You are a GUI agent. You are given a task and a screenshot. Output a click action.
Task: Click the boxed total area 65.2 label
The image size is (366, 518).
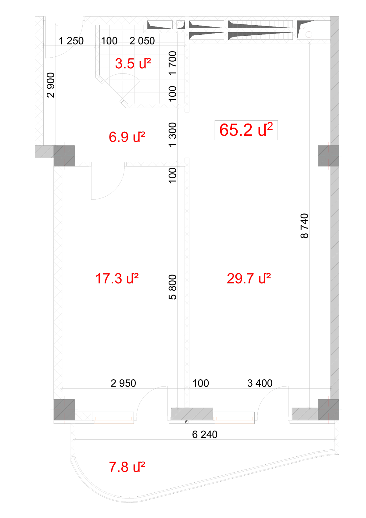[x=246, y=130]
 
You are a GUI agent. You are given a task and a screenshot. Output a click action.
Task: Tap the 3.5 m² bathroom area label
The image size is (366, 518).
[x=133, y=64]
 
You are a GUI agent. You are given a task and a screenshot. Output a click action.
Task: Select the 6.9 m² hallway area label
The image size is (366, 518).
[x=127, y=137]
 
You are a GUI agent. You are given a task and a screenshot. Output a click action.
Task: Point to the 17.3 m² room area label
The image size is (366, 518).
[x=117, y=278]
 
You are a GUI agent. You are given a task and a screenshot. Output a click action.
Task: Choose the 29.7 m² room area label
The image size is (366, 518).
[x=249, y=278]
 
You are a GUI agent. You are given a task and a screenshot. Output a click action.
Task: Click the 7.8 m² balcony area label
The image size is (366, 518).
[x=127, y=467]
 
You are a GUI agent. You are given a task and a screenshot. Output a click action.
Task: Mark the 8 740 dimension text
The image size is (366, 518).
[x=304, y=226]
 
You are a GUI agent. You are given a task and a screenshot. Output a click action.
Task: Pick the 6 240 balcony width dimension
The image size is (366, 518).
[x=205, y=434]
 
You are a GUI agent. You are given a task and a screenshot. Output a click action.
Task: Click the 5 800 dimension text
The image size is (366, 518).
[x=173, y=287]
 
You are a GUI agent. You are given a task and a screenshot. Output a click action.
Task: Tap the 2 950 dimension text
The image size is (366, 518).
[x=123, y=383]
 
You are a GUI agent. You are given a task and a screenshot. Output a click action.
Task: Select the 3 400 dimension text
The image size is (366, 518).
[x=260, y=383]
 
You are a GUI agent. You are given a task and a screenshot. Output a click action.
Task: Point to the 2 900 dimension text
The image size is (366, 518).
[x=51, y=85]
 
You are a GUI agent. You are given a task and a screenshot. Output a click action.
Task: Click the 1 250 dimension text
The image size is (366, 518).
[x=71, y=41]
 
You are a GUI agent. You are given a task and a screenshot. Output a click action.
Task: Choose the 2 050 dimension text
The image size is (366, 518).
[x=142, y=41]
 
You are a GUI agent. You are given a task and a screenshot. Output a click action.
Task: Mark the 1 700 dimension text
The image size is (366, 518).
[x=173, y=63]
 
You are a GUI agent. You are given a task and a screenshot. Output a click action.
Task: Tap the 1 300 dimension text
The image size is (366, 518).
[x=173, y=135]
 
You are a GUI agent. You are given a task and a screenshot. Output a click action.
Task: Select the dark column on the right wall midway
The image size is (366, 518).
[x=328, y=156]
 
